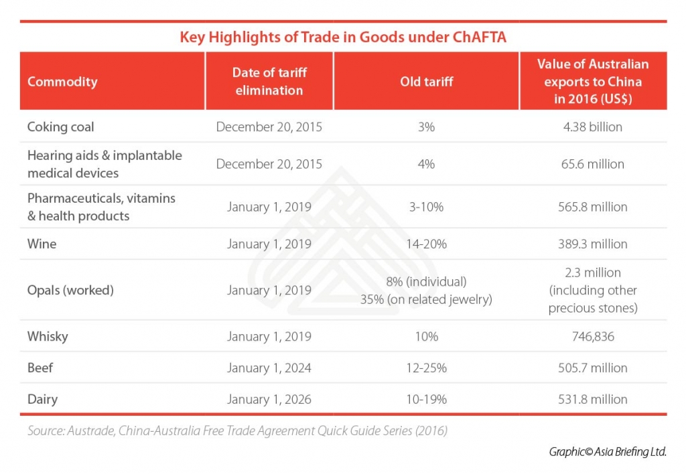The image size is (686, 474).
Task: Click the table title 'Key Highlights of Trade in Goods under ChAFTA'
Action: [x=342, y=37]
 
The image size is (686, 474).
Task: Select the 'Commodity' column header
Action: [x=62, y=82]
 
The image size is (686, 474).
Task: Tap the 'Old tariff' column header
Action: [x=426, y=82]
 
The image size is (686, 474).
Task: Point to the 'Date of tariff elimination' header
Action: [x=269, y=81]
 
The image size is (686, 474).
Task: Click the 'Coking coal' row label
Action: [x=60, y=127]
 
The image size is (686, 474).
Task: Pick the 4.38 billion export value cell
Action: [x=593, y=127]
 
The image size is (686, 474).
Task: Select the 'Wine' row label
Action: [x=42, y=244]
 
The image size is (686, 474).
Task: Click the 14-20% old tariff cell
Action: [x=426, y=244]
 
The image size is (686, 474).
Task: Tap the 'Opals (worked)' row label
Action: [x=70, y=290]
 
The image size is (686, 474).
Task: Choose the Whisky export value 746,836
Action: [x=593, y=336]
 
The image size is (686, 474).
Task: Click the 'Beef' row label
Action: [x=42, y=368]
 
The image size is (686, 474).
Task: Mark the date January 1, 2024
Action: [x=269, y=368]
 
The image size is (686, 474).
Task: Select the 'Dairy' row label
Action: [x=43, y=399]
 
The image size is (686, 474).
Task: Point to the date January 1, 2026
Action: [x=269, y=399]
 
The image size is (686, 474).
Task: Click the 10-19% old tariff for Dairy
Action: [x=426, y=399]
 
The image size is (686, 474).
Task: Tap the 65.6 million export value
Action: [x=593, y=164]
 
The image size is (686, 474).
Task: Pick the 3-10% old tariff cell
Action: [x=426, y=207]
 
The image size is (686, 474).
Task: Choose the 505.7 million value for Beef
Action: [x=593, y=368]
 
